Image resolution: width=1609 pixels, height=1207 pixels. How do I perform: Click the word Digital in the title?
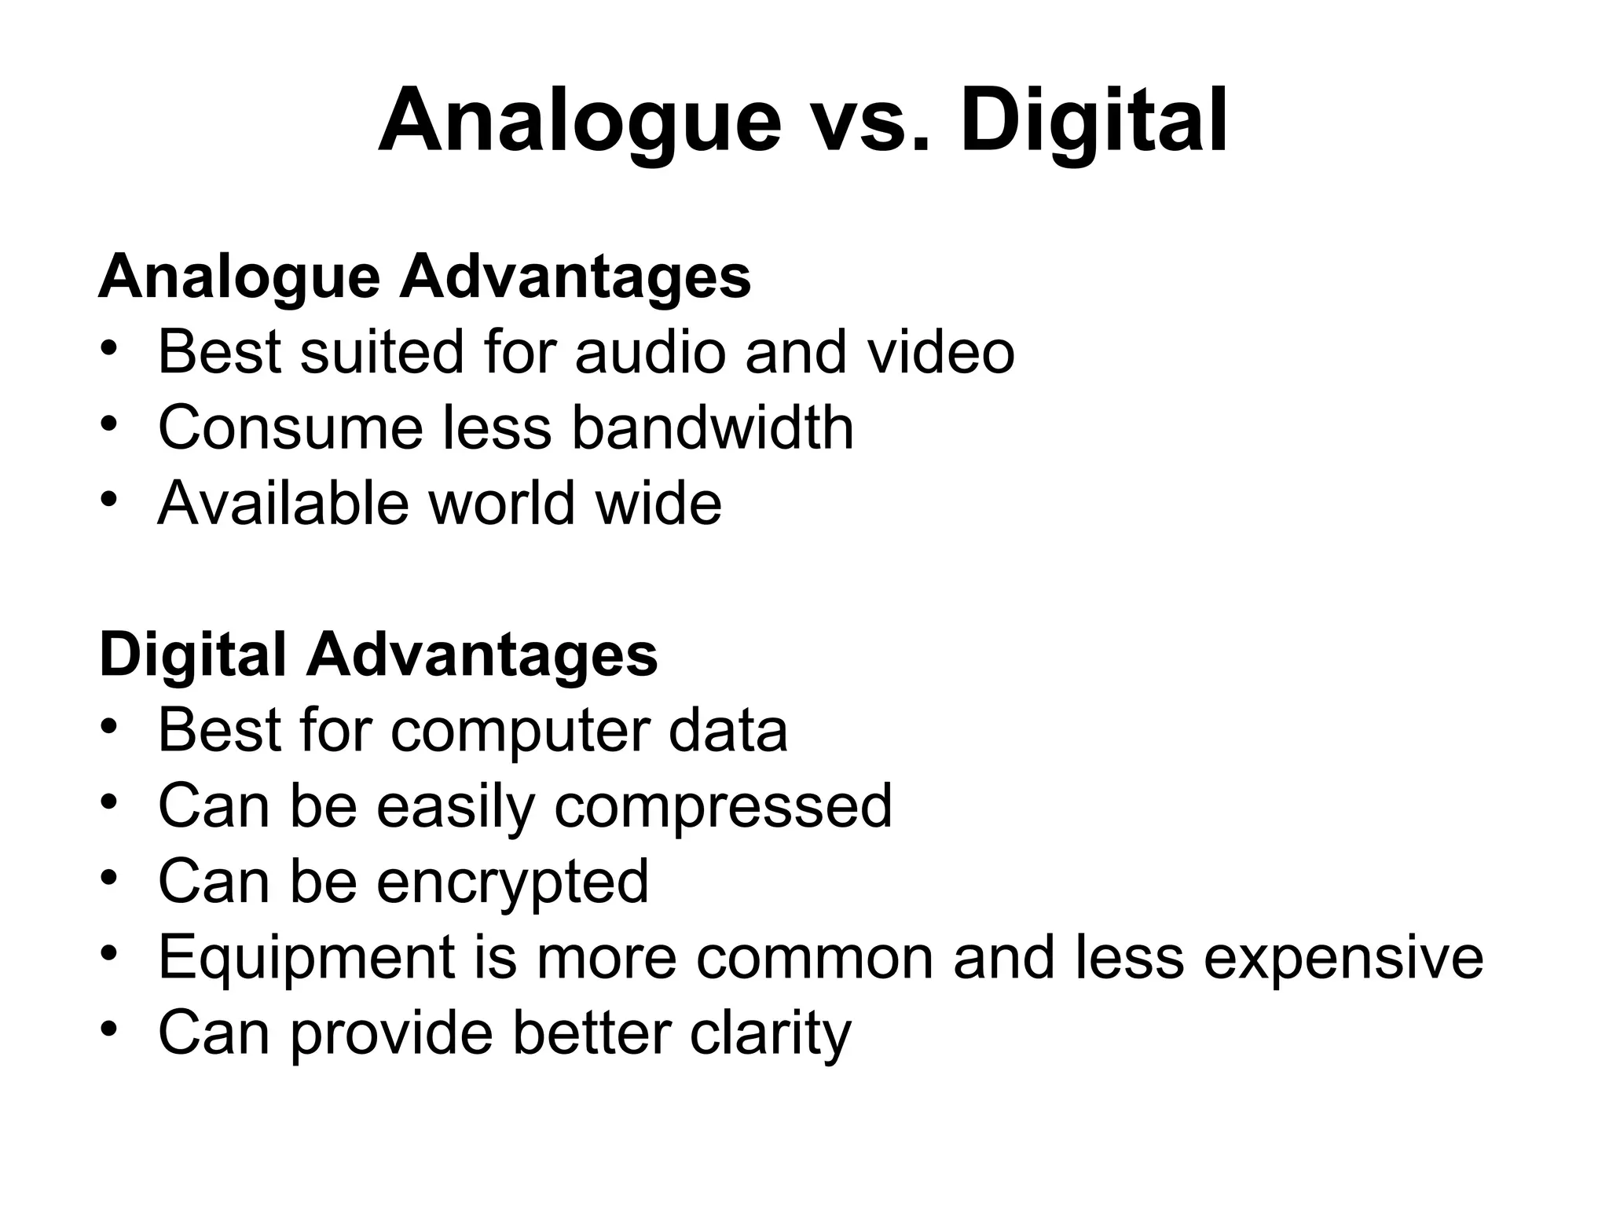[1094, 123]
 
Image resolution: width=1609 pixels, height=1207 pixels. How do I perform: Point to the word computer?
[519, 730]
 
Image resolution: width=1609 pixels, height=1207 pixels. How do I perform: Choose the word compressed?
[723, 807]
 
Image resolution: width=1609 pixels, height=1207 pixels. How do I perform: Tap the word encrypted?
[512, 882]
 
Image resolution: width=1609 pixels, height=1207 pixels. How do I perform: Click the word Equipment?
[306, 958]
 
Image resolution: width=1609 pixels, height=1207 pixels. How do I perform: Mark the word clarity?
[770, 1034]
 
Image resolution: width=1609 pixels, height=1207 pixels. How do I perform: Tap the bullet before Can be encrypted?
[109, 876]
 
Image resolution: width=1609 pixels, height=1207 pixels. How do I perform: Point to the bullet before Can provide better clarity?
[109, 1028]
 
